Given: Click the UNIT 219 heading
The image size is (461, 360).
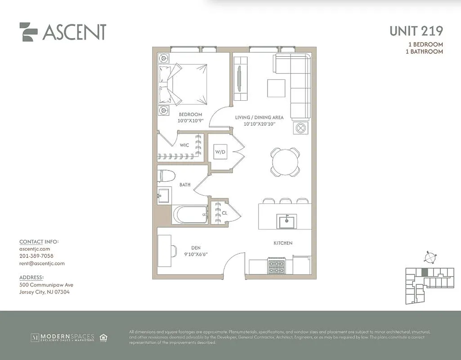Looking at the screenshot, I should pyautogui.click(x=416, y=31).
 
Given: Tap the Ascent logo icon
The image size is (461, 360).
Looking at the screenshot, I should pyautogui.click(x=28, y=32).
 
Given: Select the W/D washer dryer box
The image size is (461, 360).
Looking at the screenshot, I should pyautogui.click(x=220, y=152).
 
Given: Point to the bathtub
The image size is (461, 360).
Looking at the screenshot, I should pyautogui.click(x=191, y=215).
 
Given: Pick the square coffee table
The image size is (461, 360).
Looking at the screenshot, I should pyautogui.click(x=276, y=88).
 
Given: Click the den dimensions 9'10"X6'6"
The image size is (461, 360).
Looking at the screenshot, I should pyautogui.click(x=196, y=254).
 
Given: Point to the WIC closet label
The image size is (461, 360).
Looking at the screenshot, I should pyautogui.click(x=184, y=145).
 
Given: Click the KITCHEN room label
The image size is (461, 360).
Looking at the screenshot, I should pyautogui.click(x=283, y=243).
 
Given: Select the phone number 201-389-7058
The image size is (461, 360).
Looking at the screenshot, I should pyautogui.click(x=37, y=256).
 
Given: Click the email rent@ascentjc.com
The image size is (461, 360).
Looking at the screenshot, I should pyautogui.click(x=42, y=263).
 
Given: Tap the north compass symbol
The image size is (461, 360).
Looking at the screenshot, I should pyautogui.click(x=430, y=257).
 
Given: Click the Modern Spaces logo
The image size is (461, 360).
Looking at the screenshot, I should pyautogui.click(x=63, y=337).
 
